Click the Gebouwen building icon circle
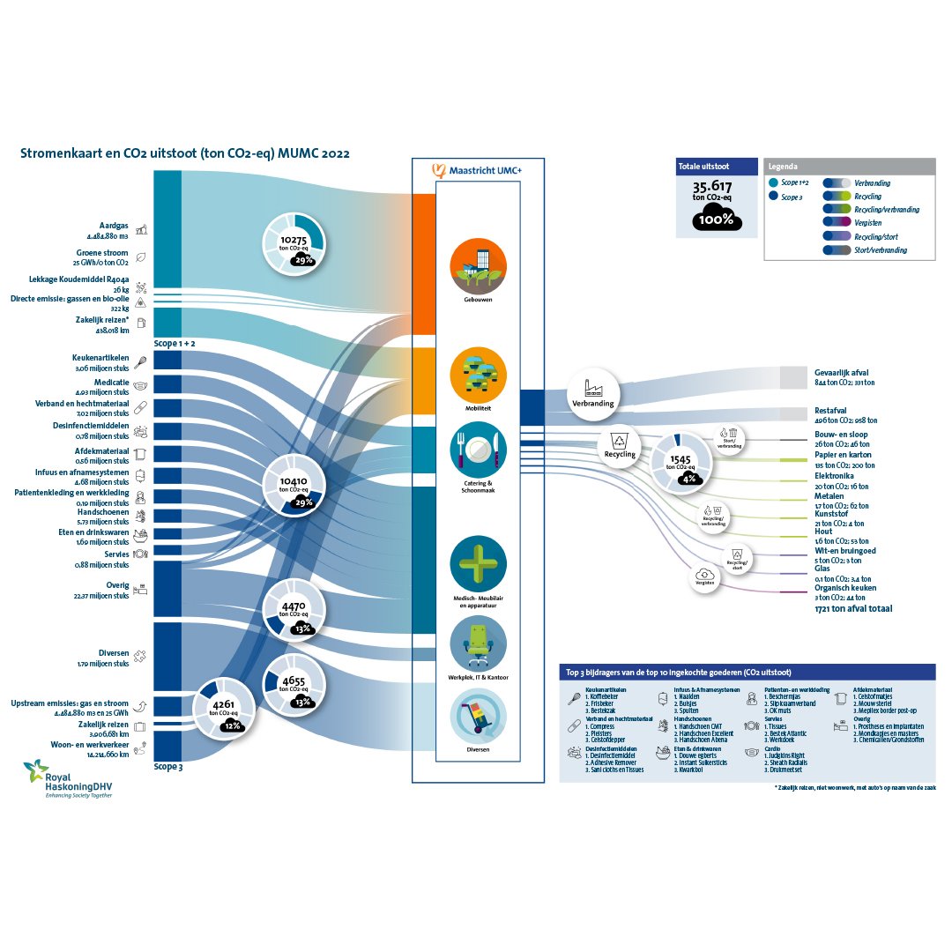coord(478,265)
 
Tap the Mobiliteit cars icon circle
coord(478,374)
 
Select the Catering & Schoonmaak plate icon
coord(478,450)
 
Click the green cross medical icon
coord(478,563)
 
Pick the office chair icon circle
coord(478,643)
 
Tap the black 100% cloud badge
coord(717,219)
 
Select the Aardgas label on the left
coord(115,226)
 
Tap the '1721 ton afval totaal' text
coord(853,608)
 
